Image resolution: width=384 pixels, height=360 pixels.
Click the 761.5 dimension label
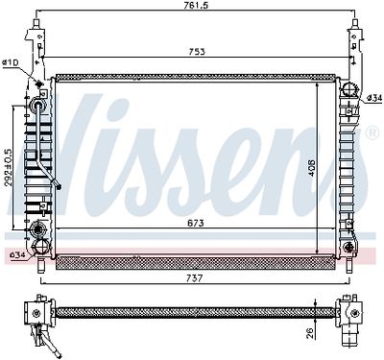click(197, 6)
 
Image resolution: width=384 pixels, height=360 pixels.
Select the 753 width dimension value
click(197, 52)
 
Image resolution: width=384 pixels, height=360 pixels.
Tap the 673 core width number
click(196, 223)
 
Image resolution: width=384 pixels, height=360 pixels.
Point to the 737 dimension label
click(195, 278)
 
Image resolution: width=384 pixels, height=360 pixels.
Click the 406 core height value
click(311, 168)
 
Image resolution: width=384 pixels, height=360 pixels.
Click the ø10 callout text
click(11, 62)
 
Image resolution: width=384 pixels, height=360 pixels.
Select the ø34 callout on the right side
click(374, 98)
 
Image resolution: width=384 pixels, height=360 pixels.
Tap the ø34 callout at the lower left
click(17, 255)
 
